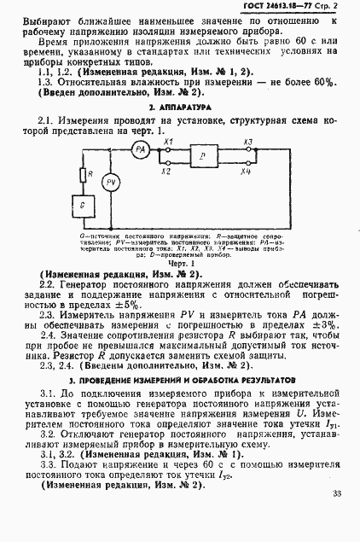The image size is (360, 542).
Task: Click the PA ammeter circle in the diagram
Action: [142, 149]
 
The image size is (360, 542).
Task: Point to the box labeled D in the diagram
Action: [201, 159]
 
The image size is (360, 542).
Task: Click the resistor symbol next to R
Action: [83, 176]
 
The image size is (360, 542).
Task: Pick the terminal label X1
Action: [169, 141]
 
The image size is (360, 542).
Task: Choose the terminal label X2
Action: [169, 172]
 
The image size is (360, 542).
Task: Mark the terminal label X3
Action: [247, 141]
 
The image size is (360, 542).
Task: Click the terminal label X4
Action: [247, 172]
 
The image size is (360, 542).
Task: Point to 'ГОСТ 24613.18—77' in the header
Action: [278, 8]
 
